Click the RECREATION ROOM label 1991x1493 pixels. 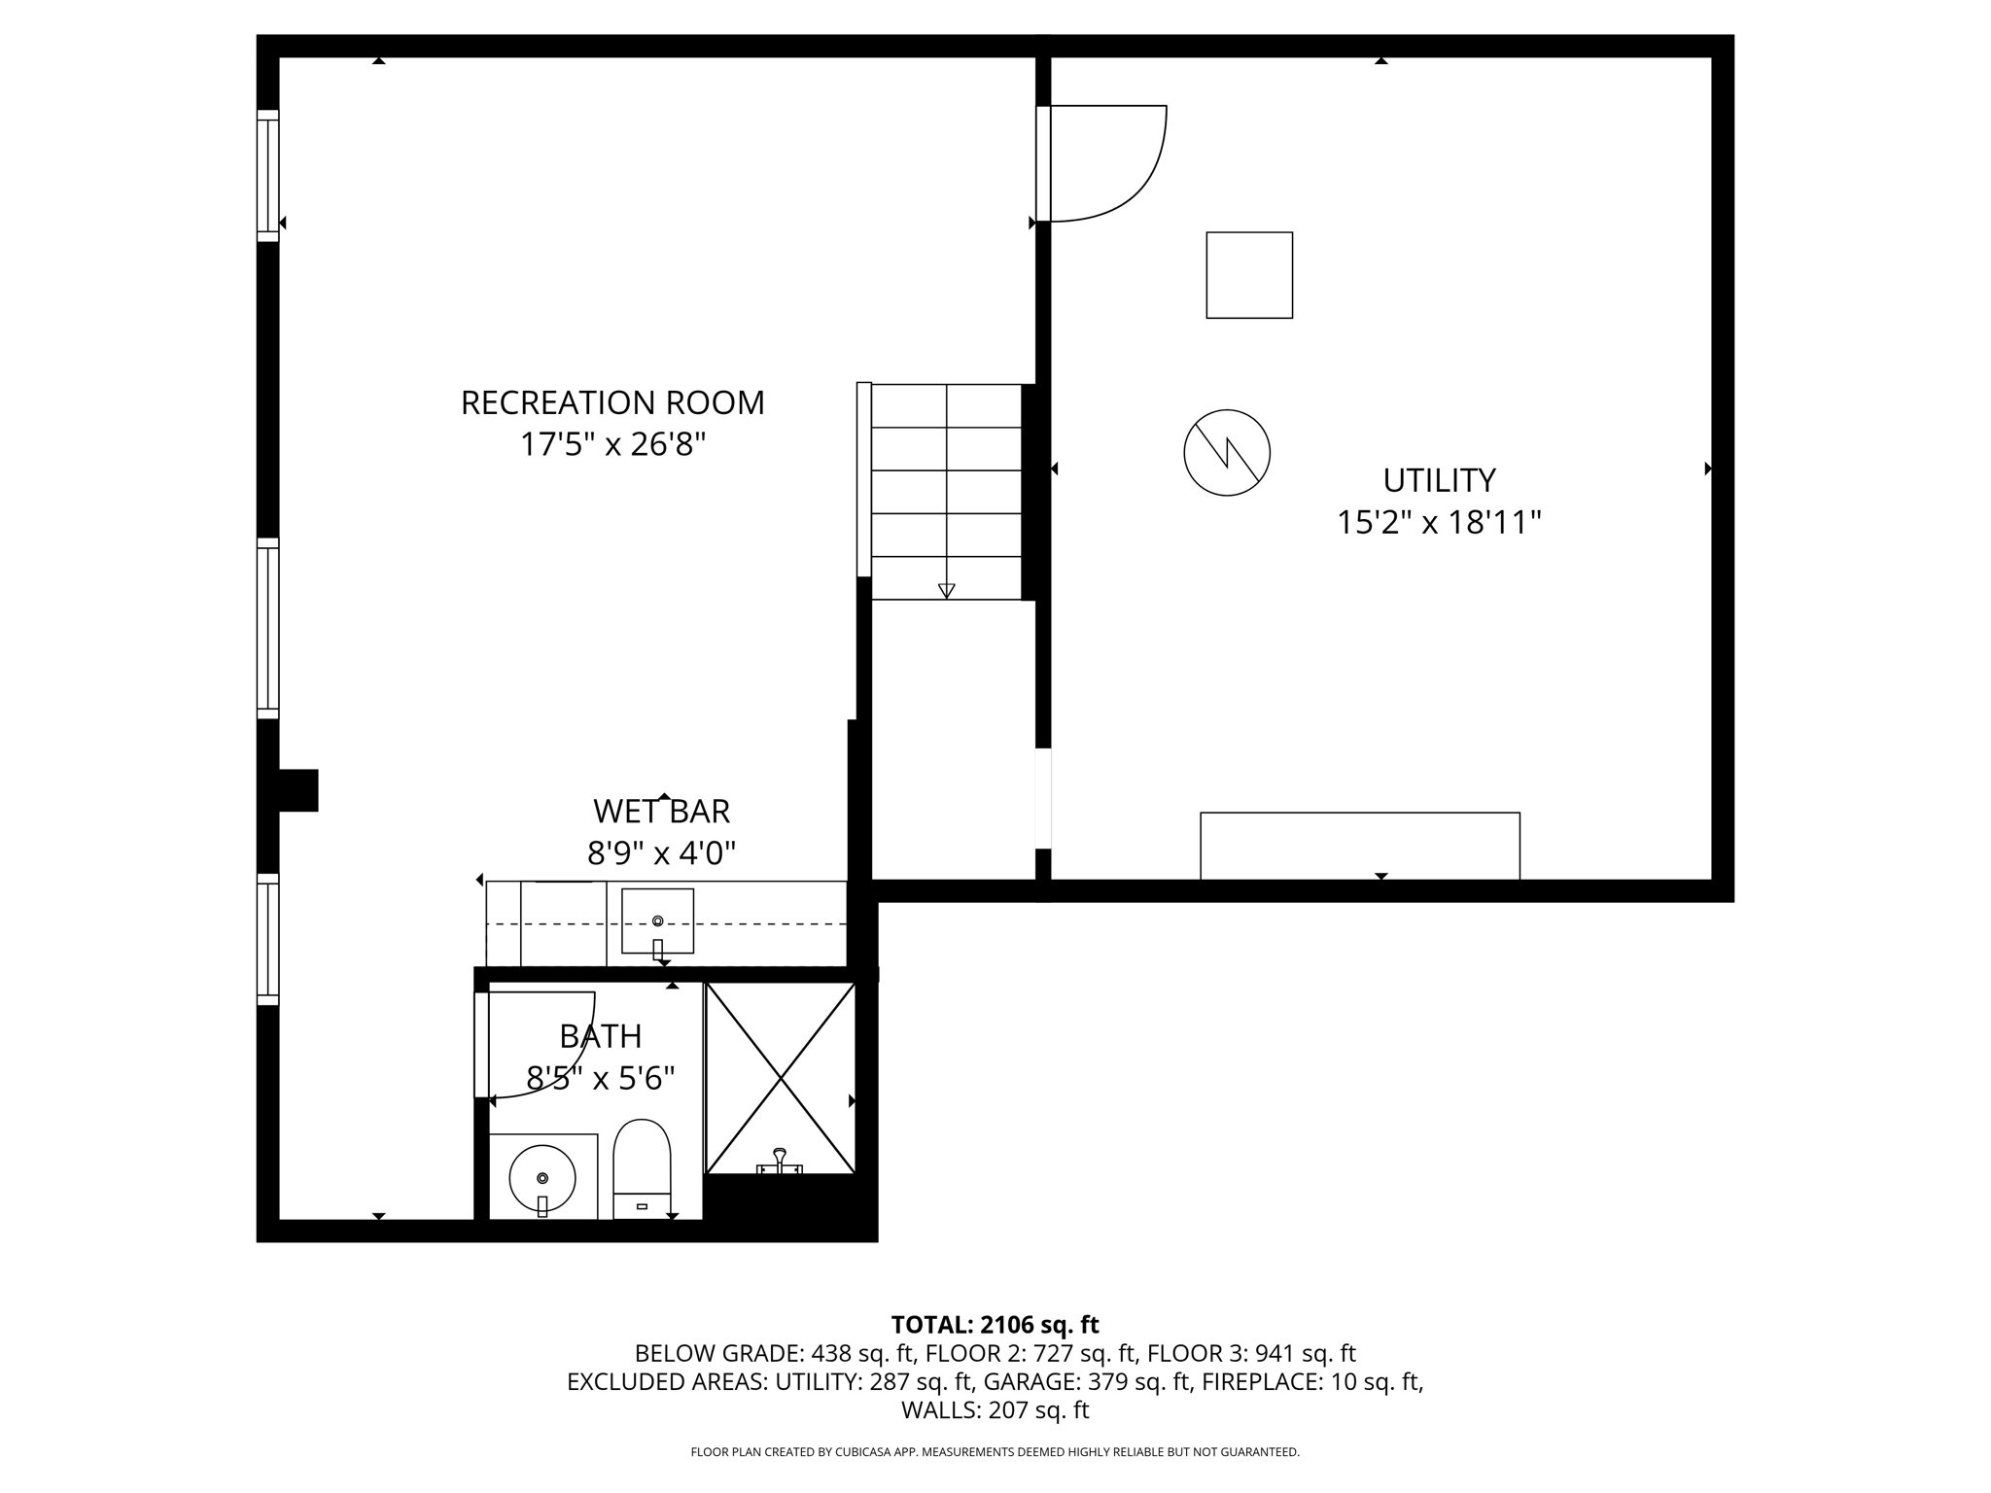(612, 402)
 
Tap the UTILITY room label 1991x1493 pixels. (1439, 480)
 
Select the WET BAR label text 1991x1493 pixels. (661, 812)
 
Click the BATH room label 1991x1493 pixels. (600, 1037)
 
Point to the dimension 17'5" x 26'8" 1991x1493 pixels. (612, 445)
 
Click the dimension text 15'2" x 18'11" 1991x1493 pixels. (1439, 523)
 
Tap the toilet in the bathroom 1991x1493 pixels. (642, 1166)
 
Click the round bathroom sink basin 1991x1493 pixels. (542, 1177)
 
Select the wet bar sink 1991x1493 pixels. (657, 920)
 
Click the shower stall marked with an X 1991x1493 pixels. (781, 1077)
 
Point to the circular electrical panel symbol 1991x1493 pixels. (1227, 452)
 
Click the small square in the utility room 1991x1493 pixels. (1249, 275)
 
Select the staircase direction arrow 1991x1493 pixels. (946, 589)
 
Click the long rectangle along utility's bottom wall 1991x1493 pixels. (1359, 846)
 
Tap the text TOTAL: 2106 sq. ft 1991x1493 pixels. (995, 1325)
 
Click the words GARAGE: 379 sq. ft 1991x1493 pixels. (1087, 1381)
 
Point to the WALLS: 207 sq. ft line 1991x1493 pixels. (995, 1409)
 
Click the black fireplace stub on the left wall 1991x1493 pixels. (297, 790)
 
